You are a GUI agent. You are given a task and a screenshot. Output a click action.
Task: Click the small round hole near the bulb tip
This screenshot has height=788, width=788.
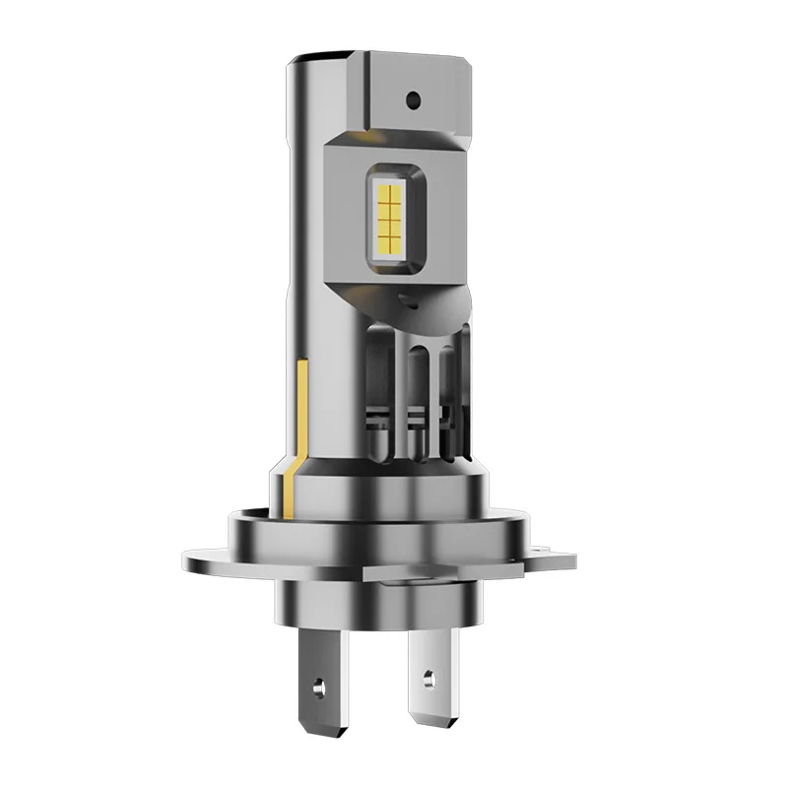414,99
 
